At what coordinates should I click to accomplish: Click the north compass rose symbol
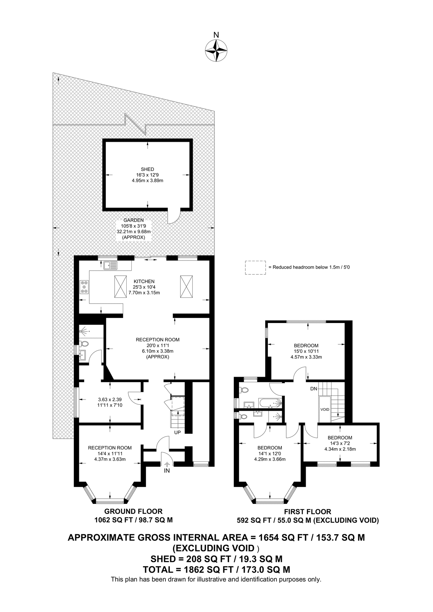[216, 51]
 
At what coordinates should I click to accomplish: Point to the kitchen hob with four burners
[84, 287]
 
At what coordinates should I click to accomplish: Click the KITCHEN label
[144, 282]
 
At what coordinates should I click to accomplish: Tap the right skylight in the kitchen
[186, 286]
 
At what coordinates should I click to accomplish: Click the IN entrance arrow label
[167, 471]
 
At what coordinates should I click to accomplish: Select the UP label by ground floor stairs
[177, 432]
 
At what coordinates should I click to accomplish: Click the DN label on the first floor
[313, 388]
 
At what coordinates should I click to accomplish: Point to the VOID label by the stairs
[325, 409]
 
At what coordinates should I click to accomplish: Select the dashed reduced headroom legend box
[255, 267]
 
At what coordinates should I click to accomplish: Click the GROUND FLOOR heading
[133, 511]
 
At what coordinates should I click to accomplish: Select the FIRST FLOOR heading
[307, 511]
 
